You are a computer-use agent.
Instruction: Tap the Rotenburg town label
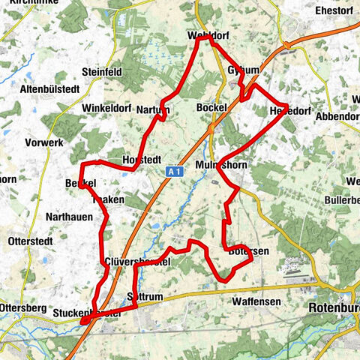click(334, 307)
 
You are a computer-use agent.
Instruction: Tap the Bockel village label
click(211, 108)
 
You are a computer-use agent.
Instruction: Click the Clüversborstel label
click(139, 261)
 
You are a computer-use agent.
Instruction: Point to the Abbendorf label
click(338, 117)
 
